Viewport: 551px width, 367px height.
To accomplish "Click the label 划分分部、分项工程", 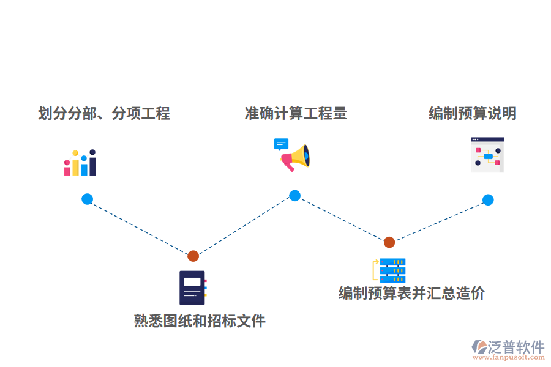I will (104, 113).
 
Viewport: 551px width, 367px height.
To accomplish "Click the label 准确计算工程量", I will (296, 113).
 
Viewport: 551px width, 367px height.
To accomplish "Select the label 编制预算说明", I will (472, 113).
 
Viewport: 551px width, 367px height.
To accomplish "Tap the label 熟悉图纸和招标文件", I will (200, 321).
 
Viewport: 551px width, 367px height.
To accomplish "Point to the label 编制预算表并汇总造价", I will (411, 293).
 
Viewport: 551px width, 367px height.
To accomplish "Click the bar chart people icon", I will (80, 163).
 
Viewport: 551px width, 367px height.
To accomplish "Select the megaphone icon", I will (295, 158).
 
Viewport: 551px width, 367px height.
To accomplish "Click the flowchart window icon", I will (487, 155).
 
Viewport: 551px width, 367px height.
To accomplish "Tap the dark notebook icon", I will (192, 287).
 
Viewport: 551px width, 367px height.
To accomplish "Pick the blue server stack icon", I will (392, 270).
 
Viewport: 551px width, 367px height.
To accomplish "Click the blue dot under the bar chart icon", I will (87, 199).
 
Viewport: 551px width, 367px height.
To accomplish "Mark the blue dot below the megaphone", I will (294, 196).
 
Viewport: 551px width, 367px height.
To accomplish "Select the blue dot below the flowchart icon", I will (488, 199).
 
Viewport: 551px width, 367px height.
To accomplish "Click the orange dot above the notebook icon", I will (193, 256).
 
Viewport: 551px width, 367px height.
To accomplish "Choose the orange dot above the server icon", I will (389, 242).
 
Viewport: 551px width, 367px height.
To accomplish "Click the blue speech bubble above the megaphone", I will (281, 144).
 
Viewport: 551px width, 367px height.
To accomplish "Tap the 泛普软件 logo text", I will (515, 347).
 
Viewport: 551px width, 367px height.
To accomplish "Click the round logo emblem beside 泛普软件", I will (479, 347).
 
